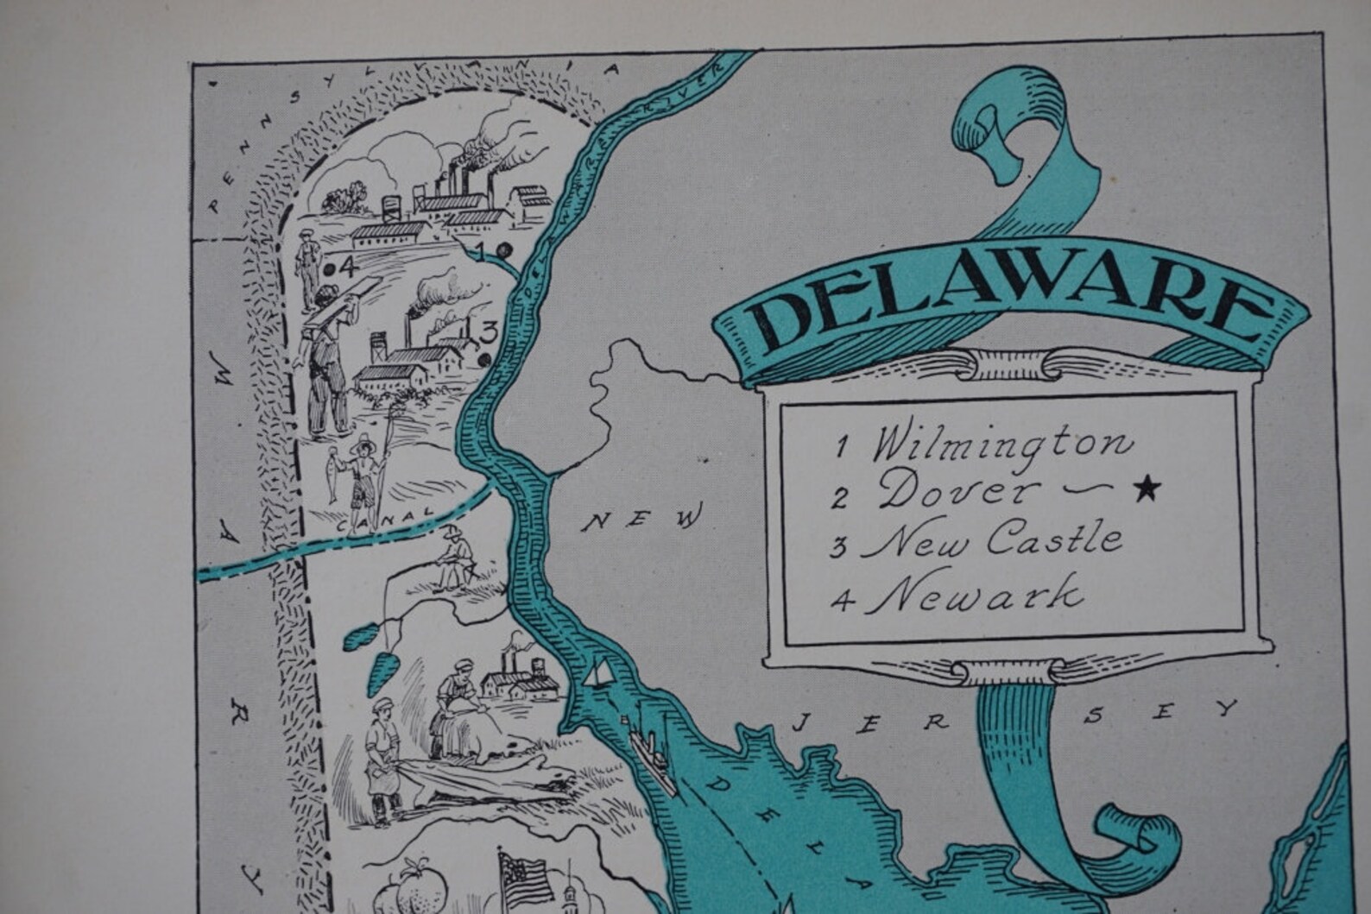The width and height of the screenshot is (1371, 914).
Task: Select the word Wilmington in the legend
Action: [x=1001, y=444]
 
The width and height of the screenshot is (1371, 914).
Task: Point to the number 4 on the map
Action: [x=348, y=266]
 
